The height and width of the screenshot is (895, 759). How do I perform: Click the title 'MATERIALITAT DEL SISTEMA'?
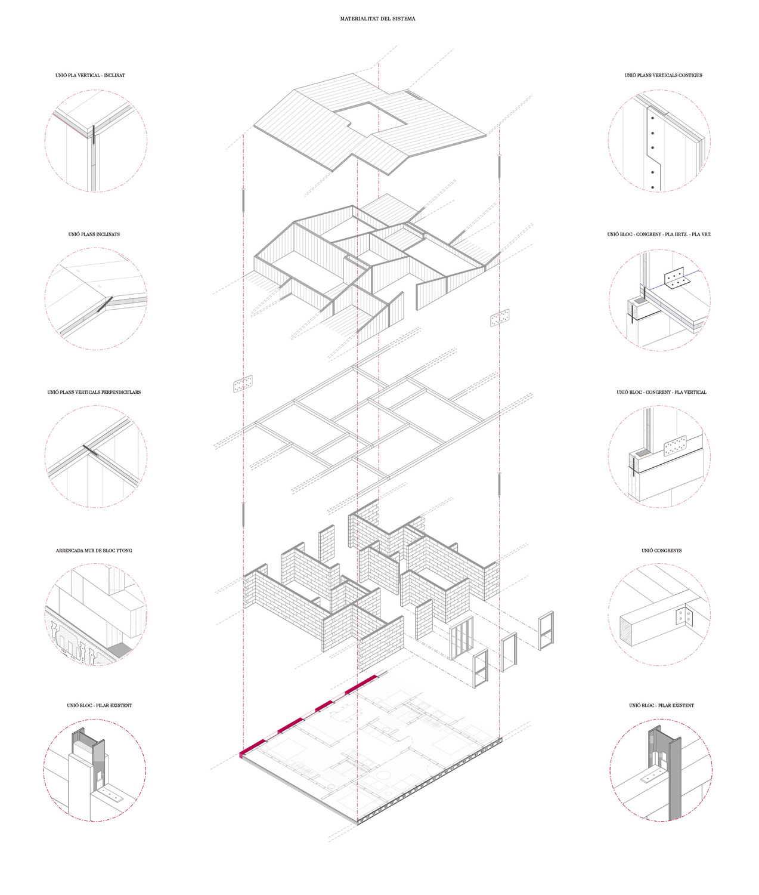tap(377, 18)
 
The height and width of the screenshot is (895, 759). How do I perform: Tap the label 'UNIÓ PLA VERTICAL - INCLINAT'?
tap(90, 75)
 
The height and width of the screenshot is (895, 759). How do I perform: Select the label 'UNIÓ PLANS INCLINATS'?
tap(94, 234)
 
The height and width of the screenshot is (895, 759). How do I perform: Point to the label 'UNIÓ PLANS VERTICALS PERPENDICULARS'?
tap(94, 392)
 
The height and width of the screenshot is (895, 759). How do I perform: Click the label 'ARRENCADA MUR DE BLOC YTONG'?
tap(94, 551)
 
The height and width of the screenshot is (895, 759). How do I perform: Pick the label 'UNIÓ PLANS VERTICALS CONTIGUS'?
tap(663, 75)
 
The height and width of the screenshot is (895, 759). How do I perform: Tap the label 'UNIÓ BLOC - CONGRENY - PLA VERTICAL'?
tap(661, 392)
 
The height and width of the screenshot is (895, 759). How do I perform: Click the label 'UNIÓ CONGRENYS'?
tap(661, 551)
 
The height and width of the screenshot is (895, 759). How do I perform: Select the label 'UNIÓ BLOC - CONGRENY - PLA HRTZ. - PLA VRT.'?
tap(659, 234)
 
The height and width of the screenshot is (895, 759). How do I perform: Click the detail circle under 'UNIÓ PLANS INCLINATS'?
tap(45, 299)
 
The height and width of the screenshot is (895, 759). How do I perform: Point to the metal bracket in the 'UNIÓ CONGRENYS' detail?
tap(684, 616)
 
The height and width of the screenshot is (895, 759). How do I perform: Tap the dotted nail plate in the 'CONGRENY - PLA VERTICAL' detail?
tap(675, 446)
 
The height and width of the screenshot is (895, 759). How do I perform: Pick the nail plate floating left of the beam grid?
tap(243, 384)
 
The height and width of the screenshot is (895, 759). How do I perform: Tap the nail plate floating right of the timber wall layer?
tap(500, 318)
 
